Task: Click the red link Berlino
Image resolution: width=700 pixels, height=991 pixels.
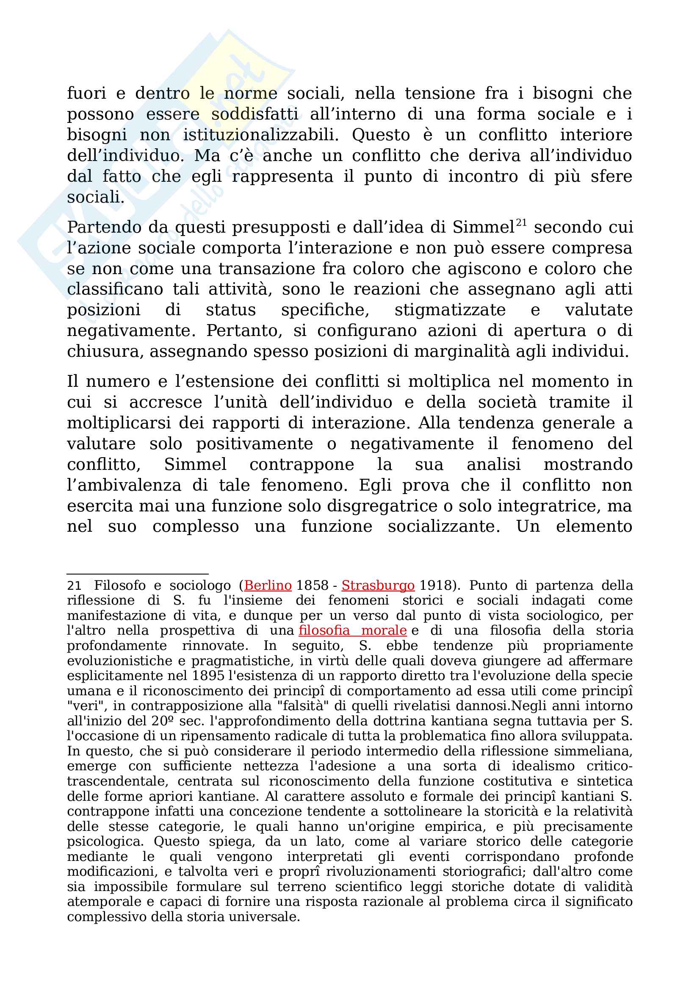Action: click(x=268, y=585)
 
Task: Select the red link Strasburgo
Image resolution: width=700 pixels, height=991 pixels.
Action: click(x=378, y=585)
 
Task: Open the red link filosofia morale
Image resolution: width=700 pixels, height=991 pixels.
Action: click(x=352, y=630)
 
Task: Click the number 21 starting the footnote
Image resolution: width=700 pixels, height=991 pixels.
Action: click(x=74, y=586)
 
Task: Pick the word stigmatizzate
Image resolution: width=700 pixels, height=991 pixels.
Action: click(x=450, y=310)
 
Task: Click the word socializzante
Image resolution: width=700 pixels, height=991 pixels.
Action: click(x=444, y=527)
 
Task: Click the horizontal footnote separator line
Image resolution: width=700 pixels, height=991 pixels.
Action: click(x=138, y=574)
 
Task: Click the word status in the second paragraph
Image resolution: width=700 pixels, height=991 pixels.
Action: click(x=231, y=310)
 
